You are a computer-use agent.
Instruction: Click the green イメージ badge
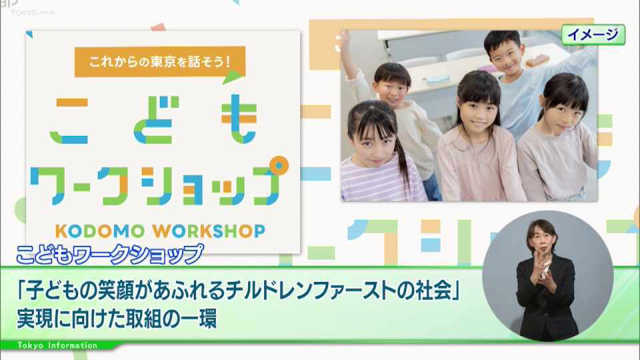[x=593, y=34]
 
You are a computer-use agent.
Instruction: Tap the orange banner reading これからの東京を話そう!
[x=159, y=61]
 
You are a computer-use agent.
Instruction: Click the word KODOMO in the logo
[x=100, y=231]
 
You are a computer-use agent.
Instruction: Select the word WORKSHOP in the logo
[x=209, y=231]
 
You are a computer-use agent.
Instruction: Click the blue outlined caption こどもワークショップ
[x=109, y=254]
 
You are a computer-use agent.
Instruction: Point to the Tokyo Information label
[x=57, y=346]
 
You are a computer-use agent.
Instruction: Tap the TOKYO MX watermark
[x=33, y=13]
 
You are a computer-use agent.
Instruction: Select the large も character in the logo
[x=239, y=119]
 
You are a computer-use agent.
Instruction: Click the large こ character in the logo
[x=70, y=121]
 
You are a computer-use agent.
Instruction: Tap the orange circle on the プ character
[x=279, y=166]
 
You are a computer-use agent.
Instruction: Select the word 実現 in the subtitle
[x=34, y=319]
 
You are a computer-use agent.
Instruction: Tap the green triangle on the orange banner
[x=233, y=77]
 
